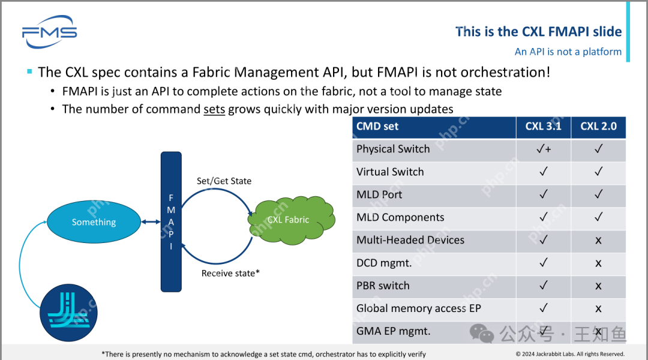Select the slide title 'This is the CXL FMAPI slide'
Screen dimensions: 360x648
[x=538, y=32]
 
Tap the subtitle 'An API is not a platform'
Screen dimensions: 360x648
[x=568, y=52]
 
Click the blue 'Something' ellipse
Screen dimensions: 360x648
[x=94, y=222]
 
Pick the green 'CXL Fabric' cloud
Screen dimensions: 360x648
[x=289, y=220]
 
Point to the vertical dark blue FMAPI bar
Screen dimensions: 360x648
[x=171, y=222]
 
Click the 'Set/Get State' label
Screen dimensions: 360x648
[x=224, y=181]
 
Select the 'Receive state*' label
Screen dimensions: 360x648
[x=230, y=273]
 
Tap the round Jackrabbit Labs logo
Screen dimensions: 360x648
[x=68, y=313]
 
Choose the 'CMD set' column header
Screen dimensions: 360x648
[x=377, y=126]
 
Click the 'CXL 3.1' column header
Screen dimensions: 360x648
[x=543, y=126]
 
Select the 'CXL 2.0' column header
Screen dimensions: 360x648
[x=598, y=126]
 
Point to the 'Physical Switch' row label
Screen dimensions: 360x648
[x=393, y=149]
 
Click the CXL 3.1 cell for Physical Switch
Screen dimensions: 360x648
[x=544, y=149]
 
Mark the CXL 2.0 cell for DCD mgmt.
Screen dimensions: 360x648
[x=598, y=263]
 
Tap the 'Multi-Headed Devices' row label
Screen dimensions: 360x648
[x=410, y=240]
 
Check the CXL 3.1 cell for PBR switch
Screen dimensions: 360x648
[x=544, y=286]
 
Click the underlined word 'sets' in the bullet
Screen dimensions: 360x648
[x=214, y=109]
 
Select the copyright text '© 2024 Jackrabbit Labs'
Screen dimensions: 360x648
[x=570, y=354]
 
